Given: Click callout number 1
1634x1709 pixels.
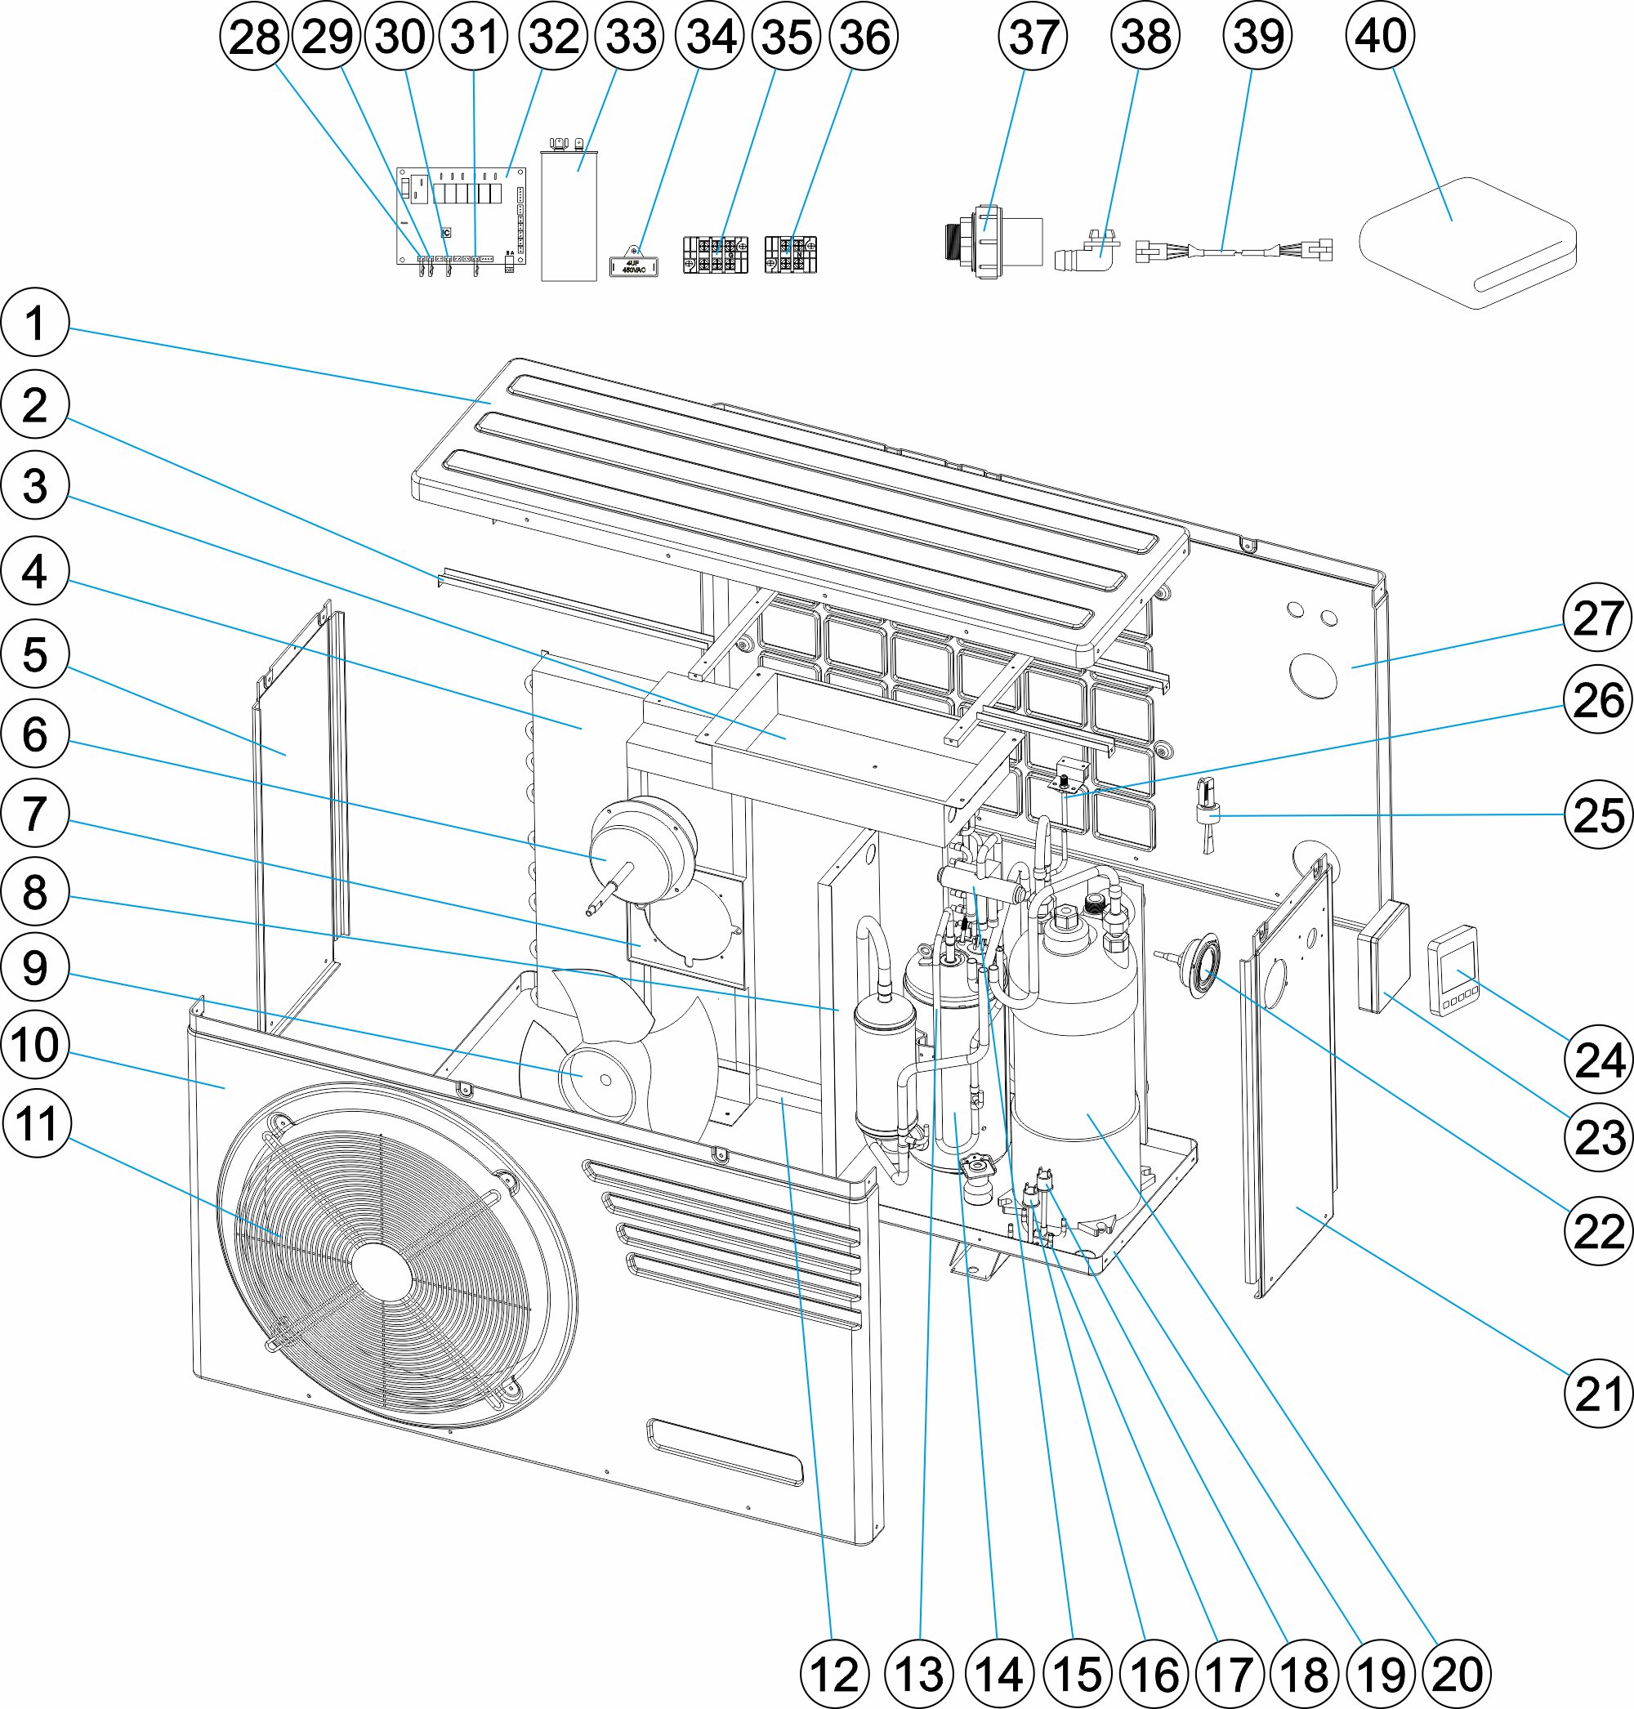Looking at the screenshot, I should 34,324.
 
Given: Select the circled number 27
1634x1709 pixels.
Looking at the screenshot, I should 1596,618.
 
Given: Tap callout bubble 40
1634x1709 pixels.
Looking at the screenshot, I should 1380,36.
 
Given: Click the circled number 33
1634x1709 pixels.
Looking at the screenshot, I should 630,36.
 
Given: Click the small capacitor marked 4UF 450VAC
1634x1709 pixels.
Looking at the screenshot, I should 632,265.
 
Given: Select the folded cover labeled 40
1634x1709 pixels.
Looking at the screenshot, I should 1467,244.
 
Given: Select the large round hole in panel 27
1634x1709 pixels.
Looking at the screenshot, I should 1314,675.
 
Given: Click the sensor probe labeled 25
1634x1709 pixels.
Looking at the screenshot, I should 1208,814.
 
